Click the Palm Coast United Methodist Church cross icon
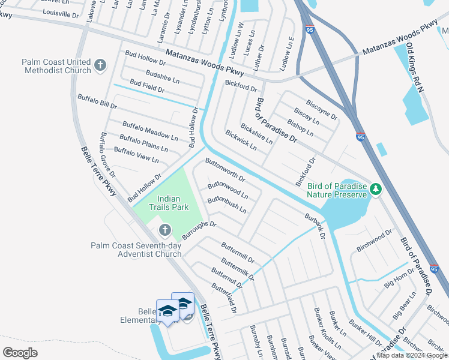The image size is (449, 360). (x=100, y=64)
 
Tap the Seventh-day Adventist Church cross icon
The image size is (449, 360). (x=164, y=230)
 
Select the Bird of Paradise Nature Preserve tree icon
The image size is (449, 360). (x=376, y=190)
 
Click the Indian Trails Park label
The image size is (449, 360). (x=173, y=203)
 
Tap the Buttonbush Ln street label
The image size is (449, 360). (x=227, y=205)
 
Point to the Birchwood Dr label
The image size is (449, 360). (x=374, y=239)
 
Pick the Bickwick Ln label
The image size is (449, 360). (x=241, y=140)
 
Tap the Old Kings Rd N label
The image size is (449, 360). (x=415, y=67)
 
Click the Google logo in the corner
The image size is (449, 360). (x=20, y=353)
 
